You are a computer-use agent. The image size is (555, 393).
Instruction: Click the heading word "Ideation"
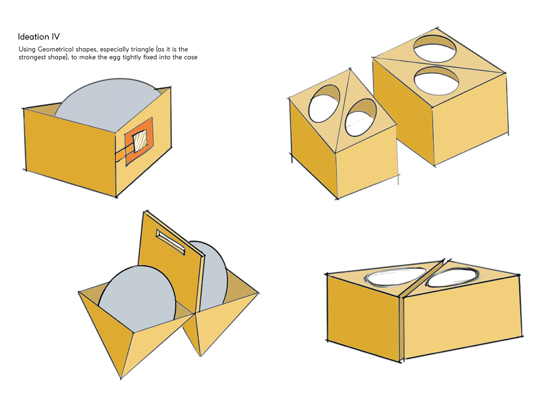point(33,37)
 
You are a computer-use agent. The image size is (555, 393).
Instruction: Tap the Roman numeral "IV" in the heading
point(55,37)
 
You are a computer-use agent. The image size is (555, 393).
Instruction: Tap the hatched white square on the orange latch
point(140,141)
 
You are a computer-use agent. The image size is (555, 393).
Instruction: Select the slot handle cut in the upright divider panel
point(170,242)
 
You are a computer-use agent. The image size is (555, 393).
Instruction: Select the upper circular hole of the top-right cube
point(435,48)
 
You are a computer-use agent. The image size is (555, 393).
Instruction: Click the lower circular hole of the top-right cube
point(436,81)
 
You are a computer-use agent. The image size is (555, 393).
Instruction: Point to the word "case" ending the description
point(191,58)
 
